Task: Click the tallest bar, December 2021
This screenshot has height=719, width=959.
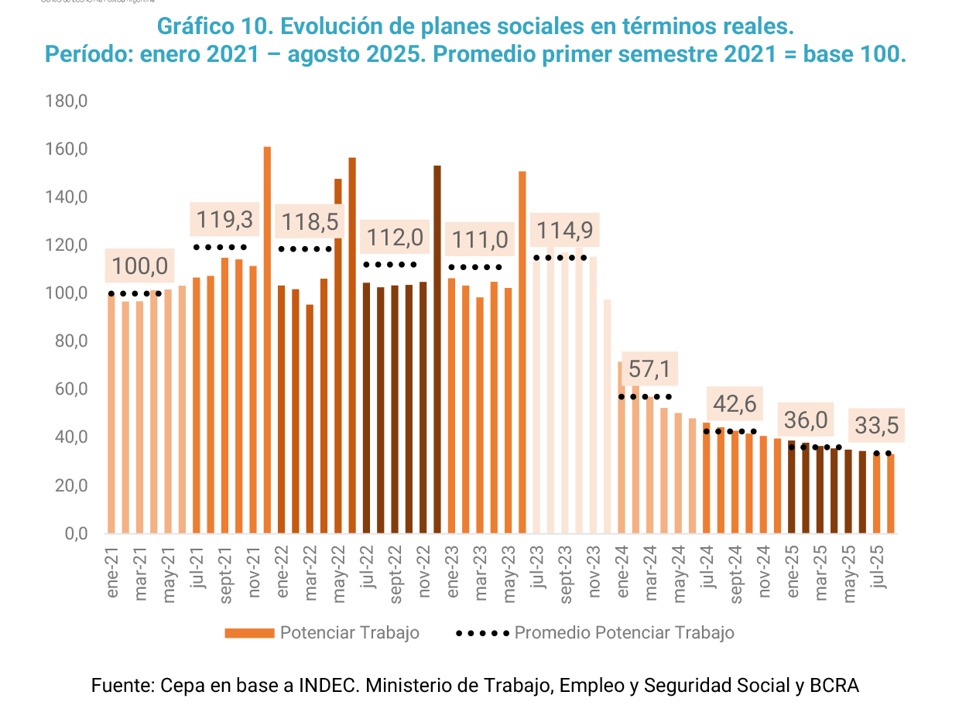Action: pos(267,341)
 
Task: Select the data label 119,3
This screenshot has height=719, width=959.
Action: pos(224,220)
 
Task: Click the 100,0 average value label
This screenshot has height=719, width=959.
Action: pos(139,265)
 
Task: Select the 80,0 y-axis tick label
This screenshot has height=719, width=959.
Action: pos(68,341)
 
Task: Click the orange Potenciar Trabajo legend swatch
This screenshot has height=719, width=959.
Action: pos(249,633)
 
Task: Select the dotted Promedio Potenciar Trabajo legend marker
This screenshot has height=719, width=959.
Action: pos(482,633)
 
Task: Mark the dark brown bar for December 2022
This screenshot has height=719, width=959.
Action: pos(437,350)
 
